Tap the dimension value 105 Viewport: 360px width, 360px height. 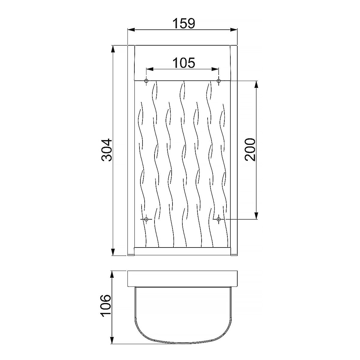184,63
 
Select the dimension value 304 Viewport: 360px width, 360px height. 106,150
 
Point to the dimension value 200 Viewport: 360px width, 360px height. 250,150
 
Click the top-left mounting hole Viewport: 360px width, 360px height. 146,81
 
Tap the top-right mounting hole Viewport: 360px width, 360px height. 219,81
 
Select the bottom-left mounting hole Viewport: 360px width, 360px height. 146,219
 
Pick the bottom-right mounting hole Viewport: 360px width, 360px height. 219,219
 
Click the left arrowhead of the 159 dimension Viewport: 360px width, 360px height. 131,29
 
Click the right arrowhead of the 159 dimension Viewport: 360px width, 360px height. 234,29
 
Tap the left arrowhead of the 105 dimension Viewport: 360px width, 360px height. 150,69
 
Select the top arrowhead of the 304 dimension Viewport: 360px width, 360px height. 113,49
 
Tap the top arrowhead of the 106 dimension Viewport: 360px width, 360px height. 113,274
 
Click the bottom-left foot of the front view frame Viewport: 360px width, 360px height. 131,256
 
